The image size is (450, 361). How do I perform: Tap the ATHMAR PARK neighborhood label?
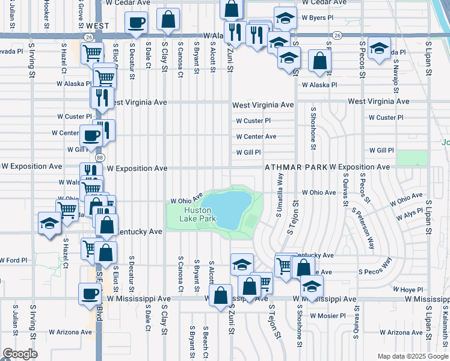(x=295, y=167)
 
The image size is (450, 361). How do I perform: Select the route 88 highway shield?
(x=100, y=157)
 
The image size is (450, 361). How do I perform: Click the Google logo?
(x=20, y=354)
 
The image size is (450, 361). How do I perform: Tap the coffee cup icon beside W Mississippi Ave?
(x=90, y=294)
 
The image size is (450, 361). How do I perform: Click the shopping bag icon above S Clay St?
(x=169, y=19)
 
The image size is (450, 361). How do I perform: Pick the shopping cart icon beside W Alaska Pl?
(x=105, y=77)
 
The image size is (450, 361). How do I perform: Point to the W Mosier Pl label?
(x=328, y=315)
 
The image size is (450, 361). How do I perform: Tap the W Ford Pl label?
(x=14, y=261)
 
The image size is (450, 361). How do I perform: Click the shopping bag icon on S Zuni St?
(x=221, y=295)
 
